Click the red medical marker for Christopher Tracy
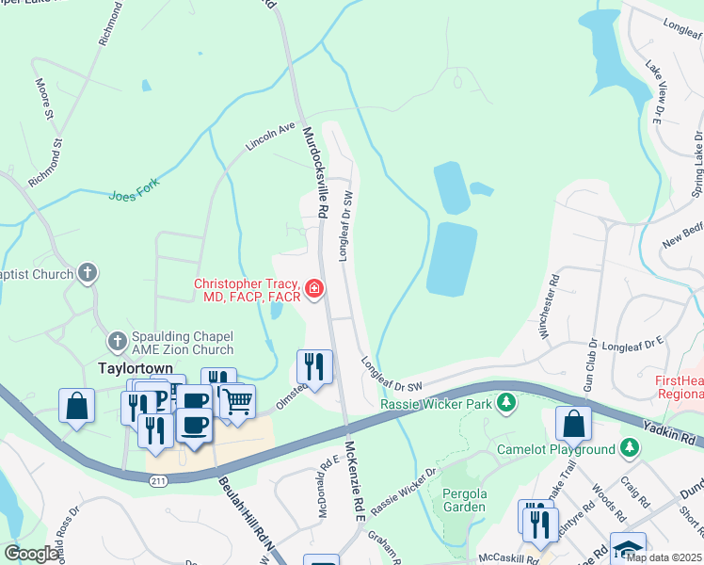coord(314,289)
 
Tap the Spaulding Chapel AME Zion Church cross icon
coord(118,340)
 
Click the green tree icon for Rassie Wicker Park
coord(507,404)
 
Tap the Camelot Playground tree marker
coord(630,449)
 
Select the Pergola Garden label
coord(464,499)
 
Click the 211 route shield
coord(157,480)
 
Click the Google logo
coord(32,554)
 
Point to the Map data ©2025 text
coord(663,557)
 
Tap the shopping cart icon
coord(238,402)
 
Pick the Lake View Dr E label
coord(653,92)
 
